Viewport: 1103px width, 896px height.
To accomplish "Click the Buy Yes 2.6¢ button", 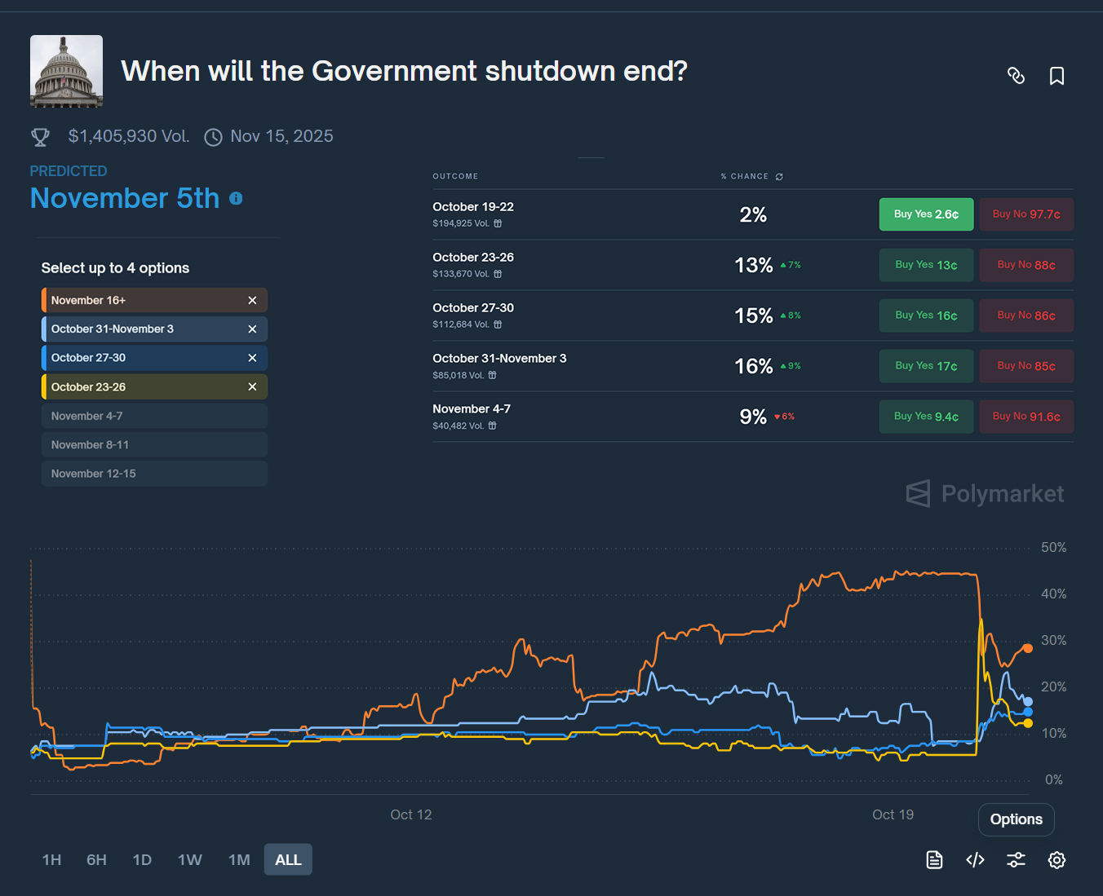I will pyautogui.click(x=926, y=214).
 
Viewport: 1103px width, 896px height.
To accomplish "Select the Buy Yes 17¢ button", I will pyautogui.click(x=926, y=366).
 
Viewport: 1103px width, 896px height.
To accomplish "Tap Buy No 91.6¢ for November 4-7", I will pyautogui.click(x=1026, y=417).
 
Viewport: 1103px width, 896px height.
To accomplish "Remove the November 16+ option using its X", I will pyautogui.click(x=252, y=300).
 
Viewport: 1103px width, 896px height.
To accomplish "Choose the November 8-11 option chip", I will pyautogui.click(x=154, y=444).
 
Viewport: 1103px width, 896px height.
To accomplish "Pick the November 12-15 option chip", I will pyautogui.click(x=154, y=474).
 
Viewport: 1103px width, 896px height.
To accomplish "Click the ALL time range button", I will pyautogui.click(x=288, y=859).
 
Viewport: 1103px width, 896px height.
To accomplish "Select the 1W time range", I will pyautogui.click(x=189, y=859).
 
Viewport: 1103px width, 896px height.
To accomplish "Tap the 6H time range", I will pyautogui.click(x=96, y=859).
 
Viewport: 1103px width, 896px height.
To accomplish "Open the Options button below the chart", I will pyautogui.click(x=1016, y=819).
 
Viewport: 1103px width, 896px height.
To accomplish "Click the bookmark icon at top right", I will pyautogui.click(x=1056, y=76).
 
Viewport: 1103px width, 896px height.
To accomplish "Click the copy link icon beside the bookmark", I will pyautogui.click(x=1016, y=76).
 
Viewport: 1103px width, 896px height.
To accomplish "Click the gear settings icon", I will pyautogui.click(x=1056, y=860).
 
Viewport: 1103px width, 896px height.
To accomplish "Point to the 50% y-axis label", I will pyautogui.click(x=1053, y=548).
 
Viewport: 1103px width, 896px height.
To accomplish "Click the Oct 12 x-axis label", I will pyautogui.click(x=410, y=814).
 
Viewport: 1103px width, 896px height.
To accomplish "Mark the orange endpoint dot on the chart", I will pyautogui.click(x=1028, y=648).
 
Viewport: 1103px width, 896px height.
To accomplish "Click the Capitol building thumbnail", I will pyautogui.click(x=67, y=71).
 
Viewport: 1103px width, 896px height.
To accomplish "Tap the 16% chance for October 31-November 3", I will pyautogui.click(x=753, y=366).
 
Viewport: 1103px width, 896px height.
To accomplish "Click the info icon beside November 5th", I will pyautogui.click(x=236, y=198).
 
